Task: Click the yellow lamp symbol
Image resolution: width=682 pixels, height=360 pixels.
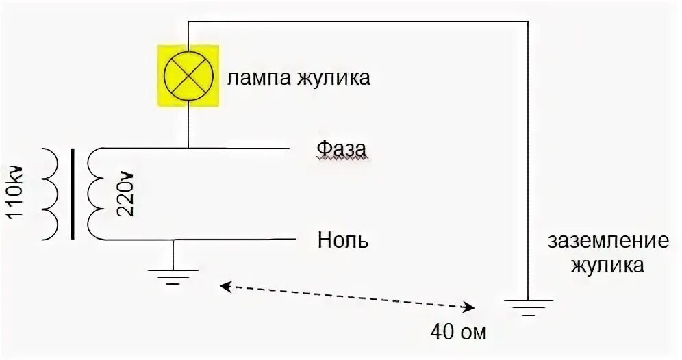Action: pos(188,75)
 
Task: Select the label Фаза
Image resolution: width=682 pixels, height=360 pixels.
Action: pos(341,148)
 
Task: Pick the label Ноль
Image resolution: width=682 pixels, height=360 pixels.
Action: pos(343,240)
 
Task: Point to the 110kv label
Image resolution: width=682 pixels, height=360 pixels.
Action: pos(16,192)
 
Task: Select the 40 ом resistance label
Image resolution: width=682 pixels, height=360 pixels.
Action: pos(459,333)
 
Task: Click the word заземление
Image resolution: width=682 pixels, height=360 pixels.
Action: pos(608,242)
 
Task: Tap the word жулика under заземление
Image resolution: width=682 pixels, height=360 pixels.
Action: pos(608,266)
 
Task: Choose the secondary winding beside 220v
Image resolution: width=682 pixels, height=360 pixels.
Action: pos(96,194)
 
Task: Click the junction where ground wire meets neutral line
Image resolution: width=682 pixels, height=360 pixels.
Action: pos(173,240)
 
